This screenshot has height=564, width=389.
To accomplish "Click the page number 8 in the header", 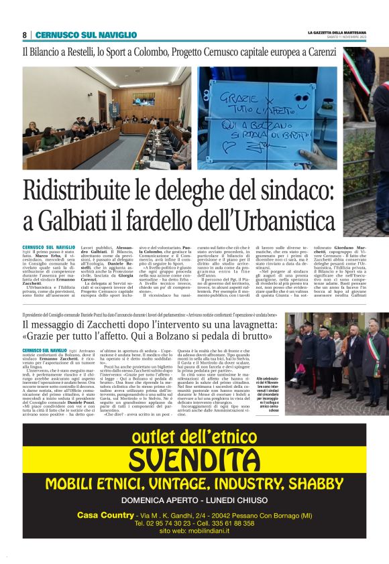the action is (25, 35).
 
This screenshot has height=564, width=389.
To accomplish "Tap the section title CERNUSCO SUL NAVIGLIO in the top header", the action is (76, 35).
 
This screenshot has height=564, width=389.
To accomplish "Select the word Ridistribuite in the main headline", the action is (90, 193).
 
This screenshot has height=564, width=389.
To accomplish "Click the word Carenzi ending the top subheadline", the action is (321, 52).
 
